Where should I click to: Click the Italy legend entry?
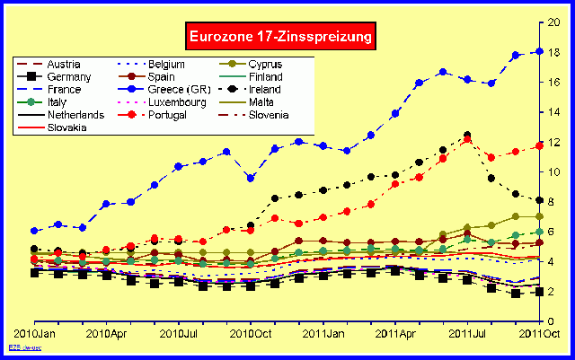(x=51, y=103)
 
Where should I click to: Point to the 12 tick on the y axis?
(x=556, y=142)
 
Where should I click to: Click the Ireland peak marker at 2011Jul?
(x=467, y=135)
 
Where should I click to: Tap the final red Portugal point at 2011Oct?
(x=539, y=145)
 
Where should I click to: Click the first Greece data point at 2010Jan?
(x=34, y=231)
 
